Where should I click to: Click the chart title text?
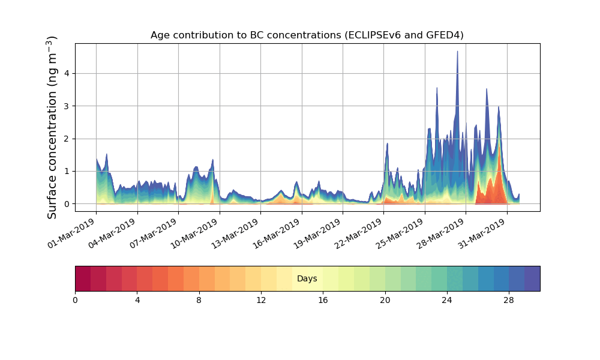point(307,35)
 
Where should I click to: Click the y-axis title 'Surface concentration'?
point(52,127)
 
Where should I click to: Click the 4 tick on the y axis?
point(67,74)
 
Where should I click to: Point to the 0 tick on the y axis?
point(67,204)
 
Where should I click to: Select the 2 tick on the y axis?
point(67,139)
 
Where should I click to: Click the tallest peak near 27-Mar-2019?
point(457,53)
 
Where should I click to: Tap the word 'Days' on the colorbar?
point(307,279)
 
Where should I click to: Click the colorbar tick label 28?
point(509,300)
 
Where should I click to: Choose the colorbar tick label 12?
point(261,300)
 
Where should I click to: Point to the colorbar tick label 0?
point(75,300)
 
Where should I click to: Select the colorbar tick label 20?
point(385,300)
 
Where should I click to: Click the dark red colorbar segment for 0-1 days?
point(83,278)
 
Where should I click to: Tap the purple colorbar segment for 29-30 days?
point(532,278)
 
